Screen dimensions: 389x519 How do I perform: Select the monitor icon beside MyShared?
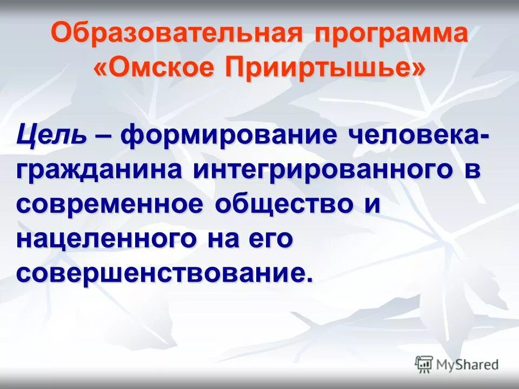pyautogui.click(x=424, y=364)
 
